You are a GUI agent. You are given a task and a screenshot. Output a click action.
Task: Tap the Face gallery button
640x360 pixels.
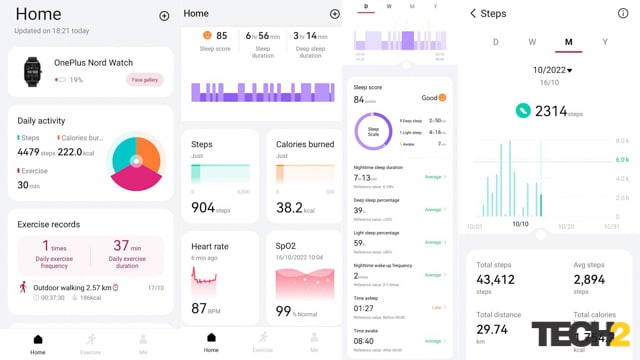144,79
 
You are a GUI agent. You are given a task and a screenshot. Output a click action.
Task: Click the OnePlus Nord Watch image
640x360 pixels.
32,71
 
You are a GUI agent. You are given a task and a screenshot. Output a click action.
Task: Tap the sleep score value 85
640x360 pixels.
221,35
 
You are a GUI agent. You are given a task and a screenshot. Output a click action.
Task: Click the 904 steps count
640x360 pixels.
203,207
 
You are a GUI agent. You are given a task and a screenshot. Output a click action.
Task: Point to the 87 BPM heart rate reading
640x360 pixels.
199,309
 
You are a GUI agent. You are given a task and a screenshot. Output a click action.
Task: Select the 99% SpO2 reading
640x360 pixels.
284,311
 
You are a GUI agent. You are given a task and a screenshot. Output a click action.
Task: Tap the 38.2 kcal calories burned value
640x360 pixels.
289,207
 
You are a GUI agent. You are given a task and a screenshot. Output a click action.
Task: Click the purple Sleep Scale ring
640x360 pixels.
373,130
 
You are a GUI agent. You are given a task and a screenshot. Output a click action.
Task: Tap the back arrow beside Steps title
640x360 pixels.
472,14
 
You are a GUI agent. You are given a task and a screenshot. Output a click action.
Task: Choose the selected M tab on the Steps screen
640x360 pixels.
568,42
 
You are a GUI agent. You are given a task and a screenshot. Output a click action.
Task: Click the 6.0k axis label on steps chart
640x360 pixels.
620,159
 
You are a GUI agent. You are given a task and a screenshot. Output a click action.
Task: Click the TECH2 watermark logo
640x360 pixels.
580,334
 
